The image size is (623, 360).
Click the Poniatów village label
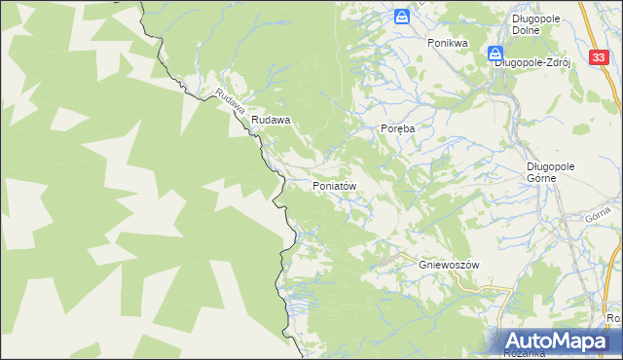[x=339, y=185]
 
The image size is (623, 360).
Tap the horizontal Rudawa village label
[x=272, y=121]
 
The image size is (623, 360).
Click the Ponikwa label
[x=448, y=44]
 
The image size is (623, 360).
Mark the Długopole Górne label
[x=550, y=172]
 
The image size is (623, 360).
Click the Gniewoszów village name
[x=450, y=265]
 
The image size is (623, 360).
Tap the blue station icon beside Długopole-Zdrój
[x=495, y=54]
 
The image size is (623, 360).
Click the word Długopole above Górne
[x=550, y=166]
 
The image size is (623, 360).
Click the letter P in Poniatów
[x=315, y=185]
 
